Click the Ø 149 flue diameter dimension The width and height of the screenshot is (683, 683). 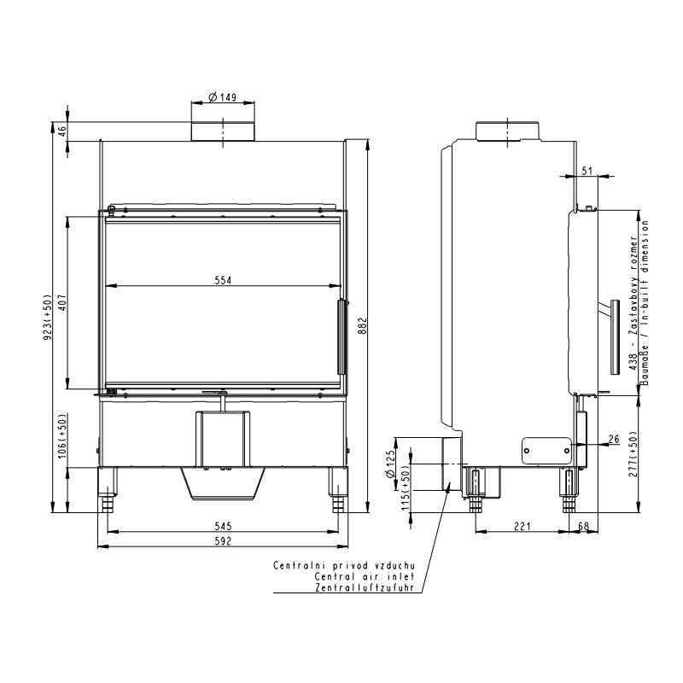click(x=222, y=96)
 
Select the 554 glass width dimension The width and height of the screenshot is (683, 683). click(x=223, y=280)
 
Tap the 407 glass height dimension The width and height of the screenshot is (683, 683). click(x=62, y=302)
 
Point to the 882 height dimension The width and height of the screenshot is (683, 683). click(x=364, y=326)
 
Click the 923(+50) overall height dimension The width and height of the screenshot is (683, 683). click(x=48, y=317)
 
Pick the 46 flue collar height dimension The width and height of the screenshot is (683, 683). click(x=62, y=131)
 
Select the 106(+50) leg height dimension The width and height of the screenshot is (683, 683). click(x=62, y=435)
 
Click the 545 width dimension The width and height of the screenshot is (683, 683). click(x=223, y=526)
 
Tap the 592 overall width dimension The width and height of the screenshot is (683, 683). click(x=223, y=541)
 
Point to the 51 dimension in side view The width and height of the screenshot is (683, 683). click(x=587, y=171)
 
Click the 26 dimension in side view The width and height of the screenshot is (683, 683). click(x=614, y=439)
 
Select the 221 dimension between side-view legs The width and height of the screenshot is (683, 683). click(x=522, y=526)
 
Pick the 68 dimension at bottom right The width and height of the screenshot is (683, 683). click(x=583, y=526)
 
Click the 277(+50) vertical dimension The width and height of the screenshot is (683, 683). click(x=633, y=453)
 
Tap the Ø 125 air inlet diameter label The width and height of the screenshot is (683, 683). click(x=390, y=464)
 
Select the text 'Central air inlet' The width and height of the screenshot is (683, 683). click(x=365, y=576)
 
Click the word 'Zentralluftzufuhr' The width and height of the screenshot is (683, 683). click(x=365, y=587)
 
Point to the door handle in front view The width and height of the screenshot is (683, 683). click(x=341, y=336)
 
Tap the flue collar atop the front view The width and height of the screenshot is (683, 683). click(x=223, y=131)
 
